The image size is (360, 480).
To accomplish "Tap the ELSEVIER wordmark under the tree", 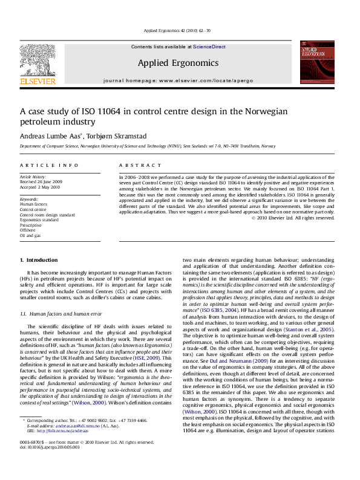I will click(38, 80).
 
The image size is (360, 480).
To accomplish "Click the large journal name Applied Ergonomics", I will click(178, 62).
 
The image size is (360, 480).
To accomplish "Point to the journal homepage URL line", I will click(178, 80).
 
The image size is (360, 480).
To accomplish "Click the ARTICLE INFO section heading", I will click(48, 165).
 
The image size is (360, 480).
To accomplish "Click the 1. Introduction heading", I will click(39, 276).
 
